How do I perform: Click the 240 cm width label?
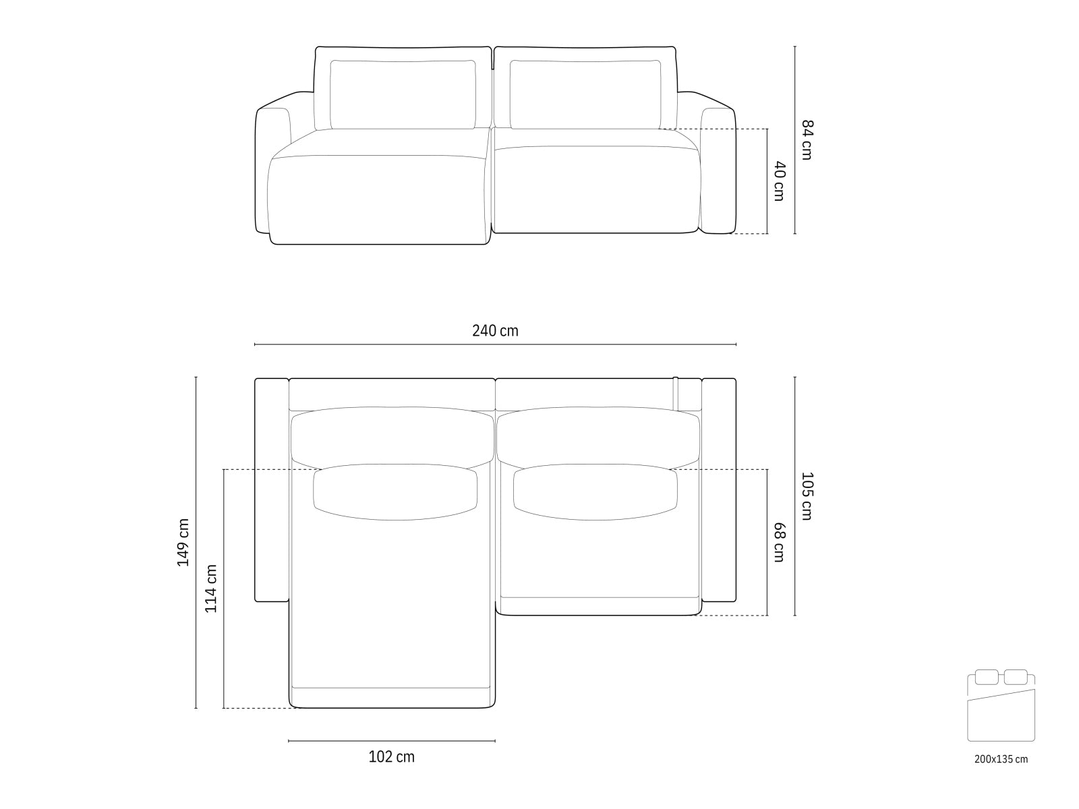(495, 331)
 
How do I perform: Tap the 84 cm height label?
(807, 140)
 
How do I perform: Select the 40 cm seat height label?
(778, 181)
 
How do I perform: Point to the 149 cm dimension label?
(183, 542)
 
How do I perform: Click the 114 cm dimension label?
(211, 588)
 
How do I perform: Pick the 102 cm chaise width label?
(391, 757)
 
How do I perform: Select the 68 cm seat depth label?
(778, 543)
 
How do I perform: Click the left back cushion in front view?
(403, 94)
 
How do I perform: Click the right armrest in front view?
(718, 169)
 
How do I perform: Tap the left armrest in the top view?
(271, 489)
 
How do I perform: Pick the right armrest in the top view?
(719, 489)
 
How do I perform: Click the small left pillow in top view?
(395, 492)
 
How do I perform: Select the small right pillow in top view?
(595, 492)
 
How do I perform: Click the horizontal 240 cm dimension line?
(495, 344)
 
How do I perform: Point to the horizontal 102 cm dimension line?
(391, 741)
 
